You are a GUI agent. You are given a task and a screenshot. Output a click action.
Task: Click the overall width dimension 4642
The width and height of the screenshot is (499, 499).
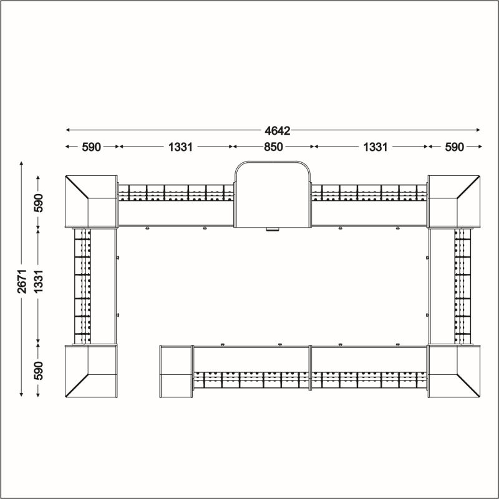click(277, 131)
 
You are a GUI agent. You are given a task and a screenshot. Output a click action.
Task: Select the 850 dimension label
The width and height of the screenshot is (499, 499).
click(273, 147)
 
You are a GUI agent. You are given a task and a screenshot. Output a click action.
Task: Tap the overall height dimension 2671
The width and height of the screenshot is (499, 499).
click(22, 281)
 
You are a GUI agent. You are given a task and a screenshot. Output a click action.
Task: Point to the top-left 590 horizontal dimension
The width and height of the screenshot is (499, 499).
click(91, 147)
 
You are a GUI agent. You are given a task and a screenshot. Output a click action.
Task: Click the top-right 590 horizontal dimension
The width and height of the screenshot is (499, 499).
click(454, 147)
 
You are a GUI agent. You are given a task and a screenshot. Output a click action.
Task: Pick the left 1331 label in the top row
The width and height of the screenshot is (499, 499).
click(180, 147)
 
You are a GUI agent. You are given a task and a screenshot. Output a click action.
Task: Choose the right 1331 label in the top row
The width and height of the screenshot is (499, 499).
click(375, 147)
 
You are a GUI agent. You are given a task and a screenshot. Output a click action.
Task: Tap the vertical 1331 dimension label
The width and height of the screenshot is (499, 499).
click(39, 281)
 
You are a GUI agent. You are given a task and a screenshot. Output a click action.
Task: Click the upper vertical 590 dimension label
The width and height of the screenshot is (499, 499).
click(39, 203)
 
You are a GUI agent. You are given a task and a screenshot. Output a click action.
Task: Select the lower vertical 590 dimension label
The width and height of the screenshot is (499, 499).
click(39, 371)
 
